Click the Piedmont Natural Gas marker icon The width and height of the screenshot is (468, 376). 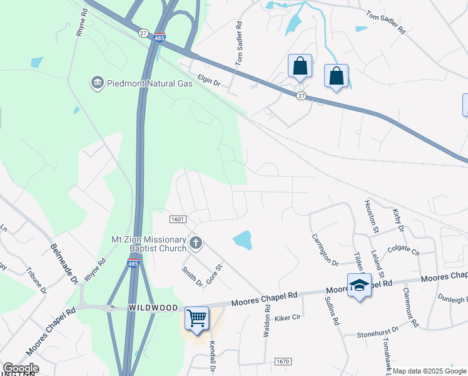pos(97,83)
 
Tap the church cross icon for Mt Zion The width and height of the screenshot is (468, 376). pos(196,243)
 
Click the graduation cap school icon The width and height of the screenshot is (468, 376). pos(359,285)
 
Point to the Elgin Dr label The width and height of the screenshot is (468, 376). pos(209,81)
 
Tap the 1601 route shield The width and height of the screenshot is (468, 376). pos(178,219)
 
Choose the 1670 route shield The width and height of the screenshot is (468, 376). pos(283,362)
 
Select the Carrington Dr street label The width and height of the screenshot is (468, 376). pos(324,249)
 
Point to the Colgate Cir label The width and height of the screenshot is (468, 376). pos(403,251)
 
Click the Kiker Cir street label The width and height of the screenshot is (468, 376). pos(288,318)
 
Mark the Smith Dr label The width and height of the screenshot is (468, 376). pos(193,276)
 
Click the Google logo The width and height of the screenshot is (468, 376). pos(20,368)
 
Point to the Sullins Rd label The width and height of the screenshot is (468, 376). pos(332,312)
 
